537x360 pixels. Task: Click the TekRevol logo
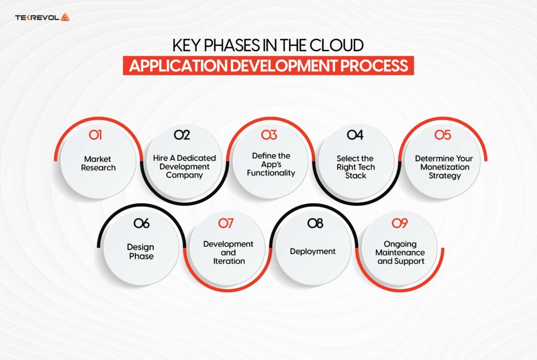[42, 17]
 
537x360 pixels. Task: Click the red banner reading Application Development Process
[268, 66]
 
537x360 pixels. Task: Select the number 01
[95, 135]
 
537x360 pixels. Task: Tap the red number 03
[269, 135]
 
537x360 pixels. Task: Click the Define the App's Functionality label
[271, 165]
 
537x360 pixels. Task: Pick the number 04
[355, 135]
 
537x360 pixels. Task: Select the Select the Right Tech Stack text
[356, 167]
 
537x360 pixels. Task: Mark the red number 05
[443, 135]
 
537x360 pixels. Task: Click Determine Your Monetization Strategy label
[444, 167]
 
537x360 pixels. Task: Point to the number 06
[141, 224]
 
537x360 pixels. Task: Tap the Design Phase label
[141, 252]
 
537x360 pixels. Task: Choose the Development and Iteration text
[228, 252]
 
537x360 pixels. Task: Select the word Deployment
[313, 252]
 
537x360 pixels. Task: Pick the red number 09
[400, 224]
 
